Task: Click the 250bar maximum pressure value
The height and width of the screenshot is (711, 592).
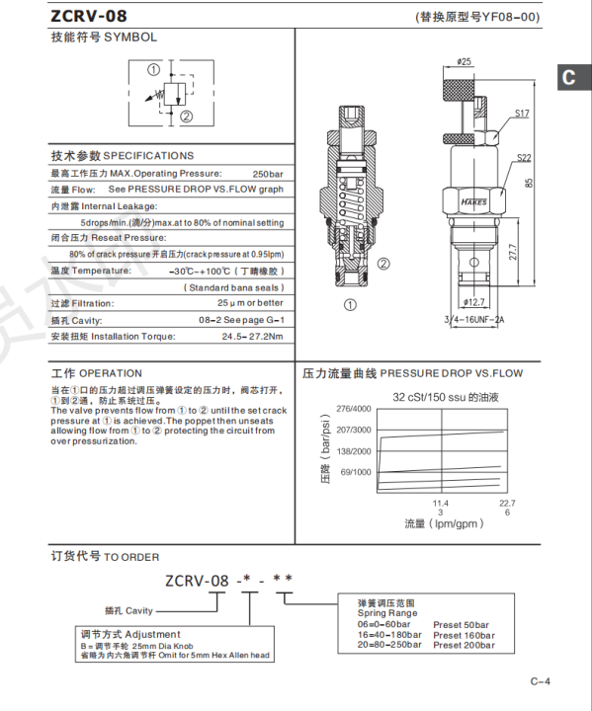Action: (267, 173)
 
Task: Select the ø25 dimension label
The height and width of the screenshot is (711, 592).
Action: (464, 61)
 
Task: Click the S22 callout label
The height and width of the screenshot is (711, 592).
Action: (523, 158)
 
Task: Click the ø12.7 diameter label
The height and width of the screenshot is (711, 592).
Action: (473, 302)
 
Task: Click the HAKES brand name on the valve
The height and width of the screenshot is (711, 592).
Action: (473, 203)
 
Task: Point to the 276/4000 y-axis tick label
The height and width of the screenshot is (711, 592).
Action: (354, 408)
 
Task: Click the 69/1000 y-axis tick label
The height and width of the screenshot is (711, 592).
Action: (356, 472)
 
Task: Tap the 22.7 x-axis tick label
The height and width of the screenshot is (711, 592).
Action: (507, 503)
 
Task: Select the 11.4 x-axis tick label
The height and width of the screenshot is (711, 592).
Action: (441, 503)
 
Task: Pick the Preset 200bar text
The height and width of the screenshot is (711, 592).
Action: (463, 645)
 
